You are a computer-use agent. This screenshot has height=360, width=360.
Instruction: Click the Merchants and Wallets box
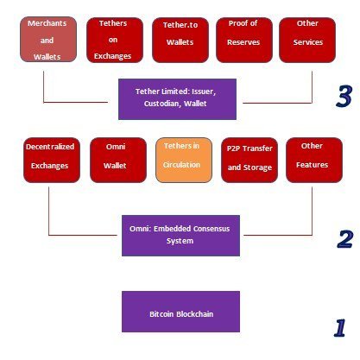click(x=48, y=40)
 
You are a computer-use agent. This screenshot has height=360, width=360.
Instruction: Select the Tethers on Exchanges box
click(x=115, y=40)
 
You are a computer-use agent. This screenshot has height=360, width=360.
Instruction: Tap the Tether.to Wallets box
click(x=180, y=40)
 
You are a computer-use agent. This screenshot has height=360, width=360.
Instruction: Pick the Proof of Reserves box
click(x=244, y=40)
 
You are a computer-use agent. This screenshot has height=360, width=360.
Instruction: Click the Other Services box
click(x=307, y=40)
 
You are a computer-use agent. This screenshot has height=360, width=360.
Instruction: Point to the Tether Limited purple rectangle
click(x=177, y=99)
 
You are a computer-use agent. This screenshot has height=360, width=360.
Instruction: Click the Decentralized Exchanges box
click(x=52, y=161)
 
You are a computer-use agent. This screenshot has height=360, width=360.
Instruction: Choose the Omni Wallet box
click(x=118, y=161)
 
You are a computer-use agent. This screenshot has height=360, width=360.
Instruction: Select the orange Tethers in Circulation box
click(x=184, y=161)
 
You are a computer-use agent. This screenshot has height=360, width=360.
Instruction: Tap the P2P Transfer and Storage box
click(x=249, y=161)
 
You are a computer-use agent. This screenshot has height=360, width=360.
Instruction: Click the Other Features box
click(x=314, y=161)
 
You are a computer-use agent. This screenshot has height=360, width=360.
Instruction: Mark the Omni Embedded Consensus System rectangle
click(x=180, y=236)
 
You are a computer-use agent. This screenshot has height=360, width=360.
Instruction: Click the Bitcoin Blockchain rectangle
click(x=180, y=312)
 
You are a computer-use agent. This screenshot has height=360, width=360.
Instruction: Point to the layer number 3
click(x=344, y=96)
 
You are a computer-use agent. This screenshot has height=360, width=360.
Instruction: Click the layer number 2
click(x=345, y=239)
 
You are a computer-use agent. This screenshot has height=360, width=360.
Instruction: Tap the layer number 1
click(x=340, y=327)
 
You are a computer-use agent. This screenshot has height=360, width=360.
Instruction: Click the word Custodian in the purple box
click(x=162, y=104)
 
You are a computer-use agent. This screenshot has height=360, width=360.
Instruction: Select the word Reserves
click(x=243, y=42)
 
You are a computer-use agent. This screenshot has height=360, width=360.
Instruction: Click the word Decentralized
click(x=50, y=147)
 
